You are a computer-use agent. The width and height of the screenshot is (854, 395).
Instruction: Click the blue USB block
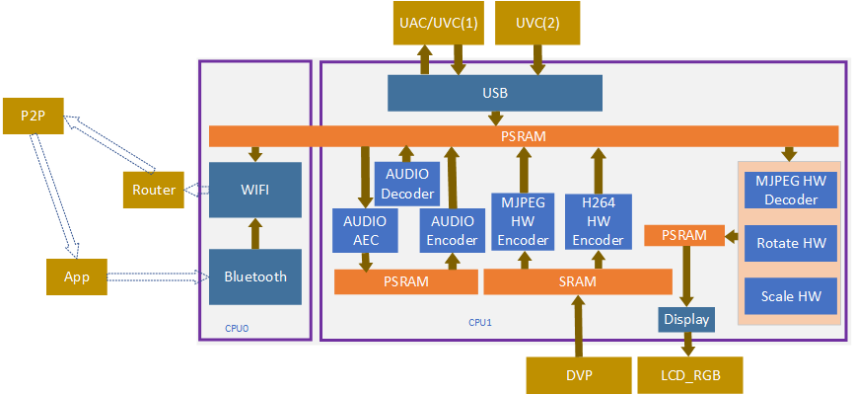[495, 94]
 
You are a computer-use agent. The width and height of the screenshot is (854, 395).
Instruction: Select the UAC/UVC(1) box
[439, 24]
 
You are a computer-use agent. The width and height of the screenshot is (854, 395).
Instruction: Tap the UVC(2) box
[537, 24]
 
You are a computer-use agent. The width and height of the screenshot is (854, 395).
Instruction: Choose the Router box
[153, 190]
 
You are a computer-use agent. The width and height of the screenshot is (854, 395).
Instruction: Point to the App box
[76, 276]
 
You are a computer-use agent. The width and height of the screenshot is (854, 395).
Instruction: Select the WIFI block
[255, 189]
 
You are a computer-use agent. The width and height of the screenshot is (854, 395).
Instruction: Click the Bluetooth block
[255, 276]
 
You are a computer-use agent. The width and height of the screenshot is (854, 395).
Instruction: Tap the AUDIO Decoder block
[407, 184]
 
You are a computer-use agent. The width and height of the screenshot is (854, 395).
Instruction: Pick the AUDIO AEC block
[365, 230]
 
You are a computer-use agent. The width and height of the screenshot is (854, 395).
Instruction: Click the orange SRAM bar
[577, 282]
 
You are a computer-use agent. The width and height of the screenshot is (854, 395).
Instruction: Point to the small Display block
[685, 319]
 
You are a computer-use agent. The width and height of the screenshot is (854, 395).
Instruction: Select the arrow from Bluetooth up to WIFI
[255, 234]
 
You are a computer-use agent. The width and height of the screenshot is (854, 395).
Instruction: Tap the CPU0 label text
[237, 329]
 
